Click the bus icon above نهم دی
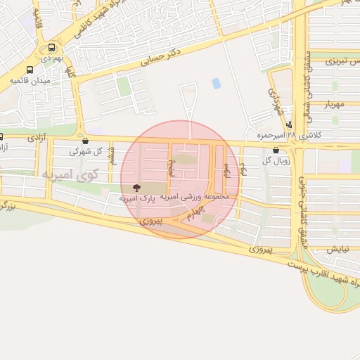51,49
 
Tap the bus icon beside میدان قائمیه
30,70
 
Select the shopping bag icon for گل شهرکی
85,141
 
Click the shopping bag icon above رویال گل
274,150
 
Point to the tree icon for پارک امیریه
136,188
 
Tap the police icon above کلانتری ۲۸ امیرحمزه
289,124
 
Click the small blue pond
216,84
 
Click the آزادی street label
36,139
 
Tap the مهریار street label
335,105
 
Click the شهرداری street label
275,102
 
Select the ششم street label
111,156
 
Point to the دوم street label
243,168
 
